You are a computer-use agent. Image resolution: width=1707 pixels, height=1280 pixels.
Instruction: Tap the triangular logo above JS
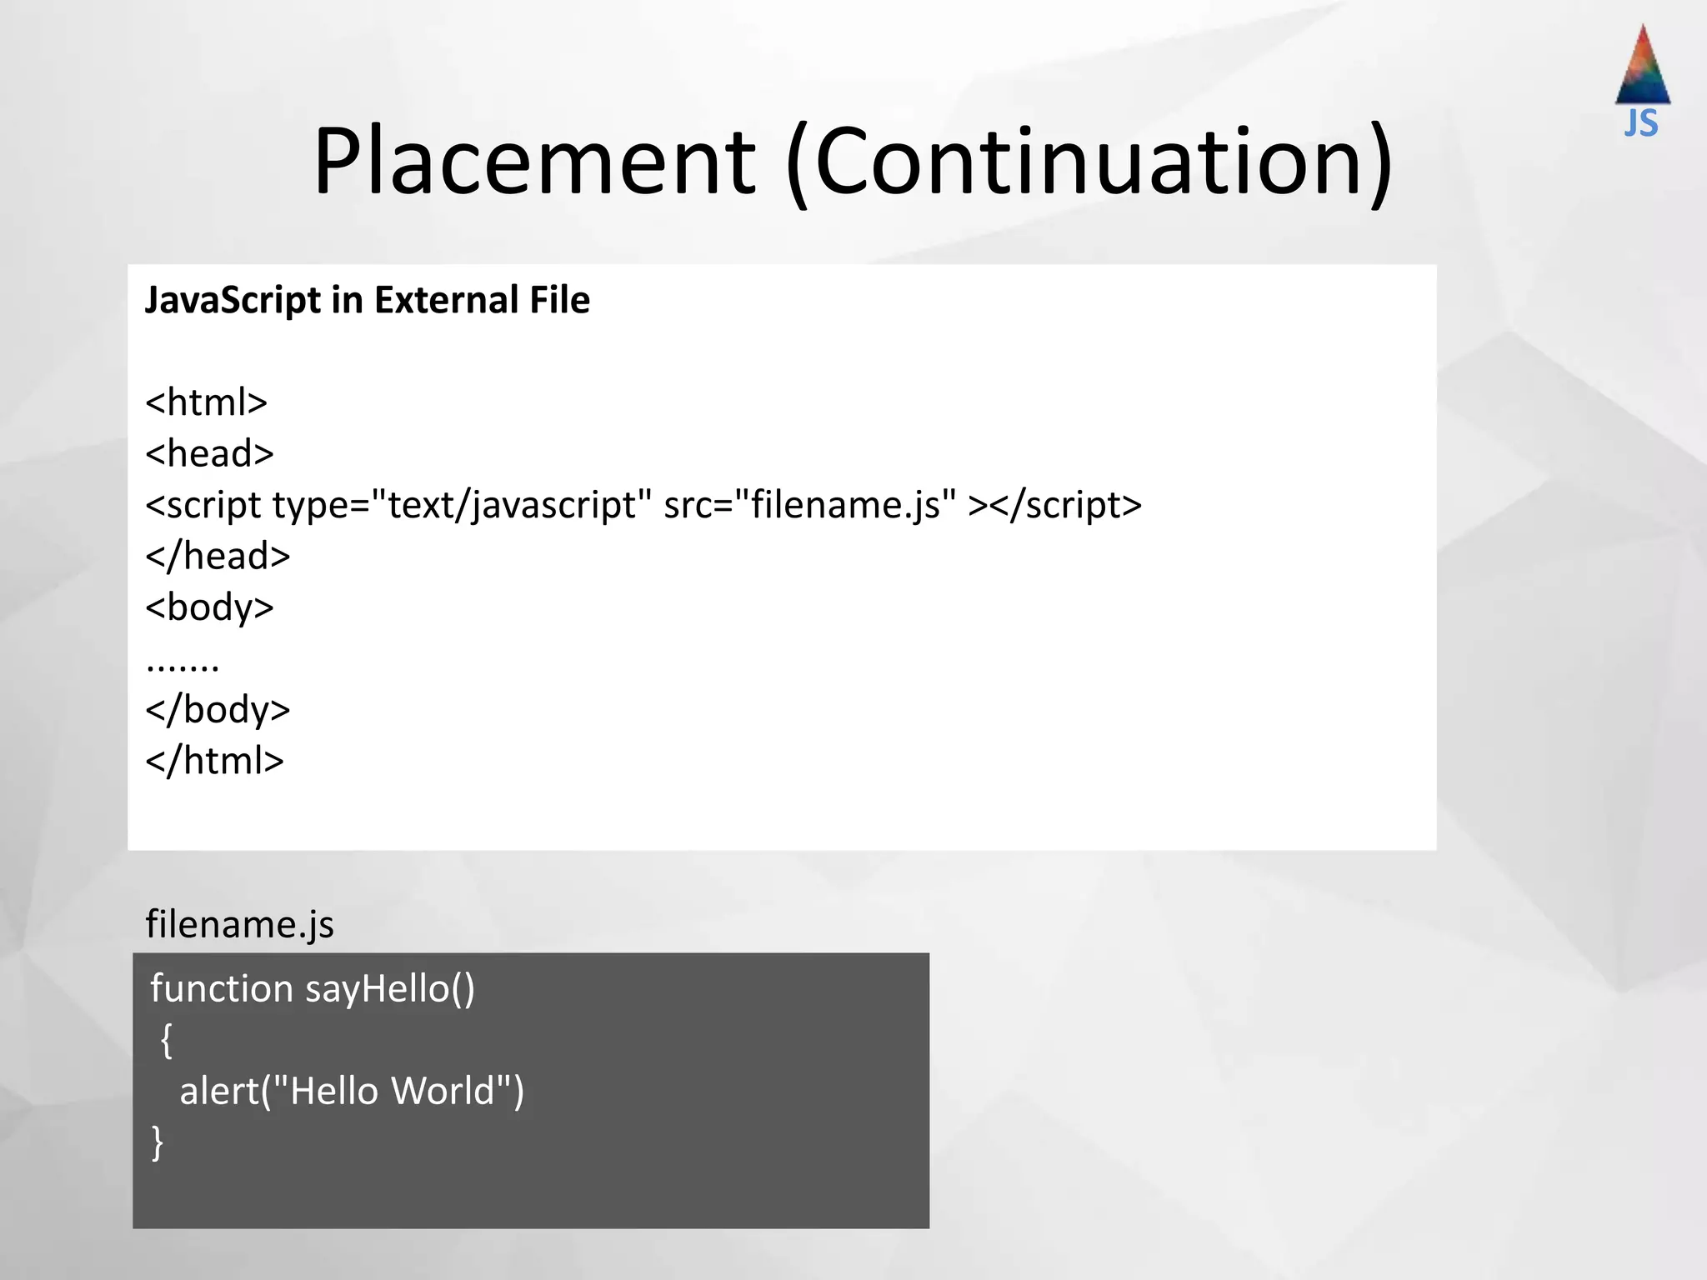1642,67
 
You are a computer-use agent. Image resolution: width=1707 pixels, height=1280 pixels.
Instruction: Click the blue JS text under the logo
1641,123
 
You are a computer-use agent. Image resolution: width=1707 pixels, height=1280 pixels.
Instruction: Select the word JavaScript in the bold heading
233,301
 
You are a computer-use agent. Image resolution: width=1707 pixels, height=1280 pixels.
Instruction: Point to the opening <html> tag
206,402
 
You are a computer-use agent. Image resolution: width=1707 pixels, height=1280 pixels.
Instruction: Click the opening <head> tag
209,454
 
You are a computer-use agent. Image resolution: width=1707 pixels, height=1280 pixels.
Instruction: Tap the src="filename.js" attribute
809,505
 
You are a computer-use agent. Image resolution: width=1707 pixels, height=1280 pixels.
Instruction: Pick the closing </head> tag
218,556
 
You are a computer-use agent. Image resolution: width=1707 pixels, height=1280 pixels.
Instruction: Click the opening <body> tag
209,607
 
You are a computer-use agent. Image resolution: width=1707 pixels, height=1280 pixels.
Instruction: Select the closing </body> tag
218,710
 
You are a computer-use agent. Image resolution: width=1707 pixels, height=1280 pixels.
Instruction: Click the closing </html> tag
214,761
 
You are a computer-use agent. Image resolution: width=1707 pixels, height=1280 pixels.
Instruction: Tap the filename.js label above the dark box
239,924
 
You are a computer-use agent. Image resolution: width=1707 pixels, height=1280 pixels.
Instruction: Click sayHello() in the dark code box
390,989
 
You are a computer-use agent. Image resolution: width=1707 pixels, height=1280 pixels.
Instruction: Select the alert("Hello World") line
352,1092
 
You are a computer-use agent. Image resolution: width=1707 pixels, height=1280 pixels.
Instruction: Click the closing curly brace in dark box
158,1142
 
